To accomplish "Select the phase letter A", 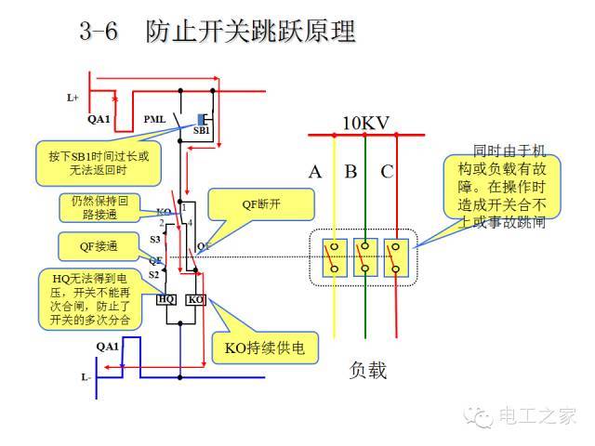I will pyautogui.click(x=316, y=172).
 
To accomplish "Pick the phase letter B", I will pyautogui.click(x=350, y=172).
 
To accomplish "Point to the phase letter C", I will pyautogui.click(x=387, y=172).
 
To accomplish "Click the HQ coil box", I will pyautogui.click(x=166, y=300).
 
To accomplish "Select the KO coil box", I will pyautogui.click(x=195, y=300).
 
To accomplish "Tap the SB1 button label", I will pyautogui.click(x=201, y=133).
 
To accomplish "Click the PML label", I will pyautogui.click(x=155, y=119).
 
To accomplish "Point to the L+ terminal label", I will pyautogui.click(x=73, y=97).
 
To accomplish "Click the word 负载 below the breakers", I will pyautogui.click(x=368, y=370).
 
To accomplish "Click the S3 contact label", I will pyautogui.click(x=155, y=240).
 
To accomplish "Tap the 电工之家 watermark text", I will pyautogui.click(x=538, y=415).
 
